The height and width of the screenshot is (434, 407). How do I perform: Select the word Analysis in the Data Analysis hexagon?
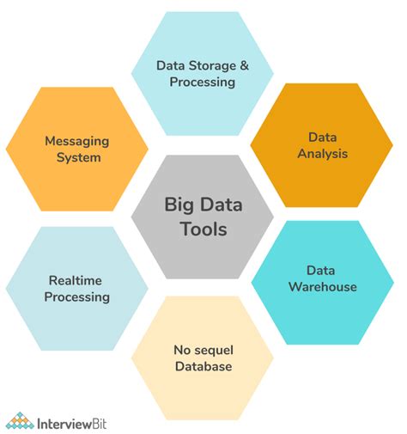(x=322, y=155)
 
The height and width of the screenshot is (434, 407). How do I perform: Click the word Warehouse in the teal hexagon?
(x=322, y=286)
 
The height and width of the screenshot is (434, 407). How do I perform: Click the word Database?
(x=203, y=367)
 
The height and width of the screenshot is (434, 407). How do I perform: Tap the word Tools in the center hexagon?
(x=203, y=229)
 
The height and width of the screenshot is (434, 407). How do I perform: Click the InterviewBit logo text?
(x=76, y=422)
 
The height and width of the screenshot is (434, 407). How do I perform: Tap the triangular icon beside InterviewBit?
(x=20, y=420)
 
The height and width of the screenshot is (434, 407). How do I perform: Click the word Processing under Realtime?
(x=78, y=297)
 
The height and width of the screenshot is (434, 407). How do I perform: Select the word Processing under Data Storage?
(x=203, y=83)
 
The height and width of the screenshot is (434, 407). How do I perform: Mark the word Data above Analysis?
(x=322, y=138)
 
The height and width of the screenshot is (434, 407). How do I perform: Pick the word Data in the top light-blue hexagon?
(x=170, y=65)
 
